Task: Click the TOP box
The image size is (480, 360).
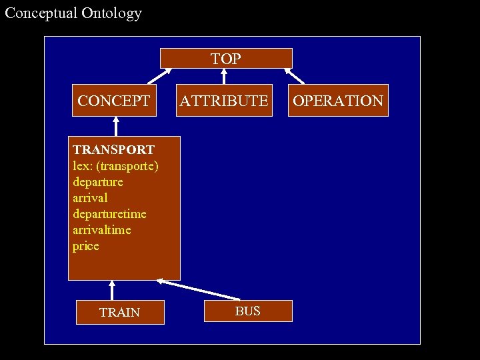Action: pos(226,59)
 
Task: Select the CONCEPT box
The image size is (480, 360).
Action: pos(114,101)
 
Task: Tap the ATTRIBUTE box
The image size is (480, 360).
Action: pos(224,101)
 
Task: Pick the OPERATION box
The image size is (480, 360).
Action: pos(338,101)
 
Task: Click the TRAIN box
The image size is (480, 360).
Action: pos(120,312)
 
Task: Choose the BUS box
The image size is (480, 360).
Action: pos(247,311)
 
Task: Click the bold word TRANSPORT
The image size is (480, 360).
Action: pos(114,150)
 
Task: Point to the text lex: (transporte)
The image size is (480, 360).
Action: pos(115,166)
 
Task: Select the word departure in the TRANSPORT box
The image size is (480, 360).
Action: pos(98,182)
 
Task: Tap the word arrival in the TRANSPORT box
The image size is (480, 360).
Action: pos(90,198)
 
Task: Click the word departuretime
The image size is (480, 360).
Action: pos(109,214)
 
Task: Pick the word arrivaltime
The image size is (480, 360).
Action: pos(102,230)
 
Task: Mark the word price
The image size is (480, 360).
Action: pos(86,246)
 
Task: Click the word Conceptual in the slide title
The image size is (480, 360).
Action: pos(40,13)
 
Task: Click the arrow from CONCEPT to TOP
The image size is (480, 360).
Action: pos(160,76)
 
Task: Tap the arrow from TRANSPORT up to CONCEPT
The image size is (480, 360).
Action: pos(116,127)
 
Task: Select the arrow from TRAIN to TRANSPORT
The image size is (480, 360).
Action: pos(112,291)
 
